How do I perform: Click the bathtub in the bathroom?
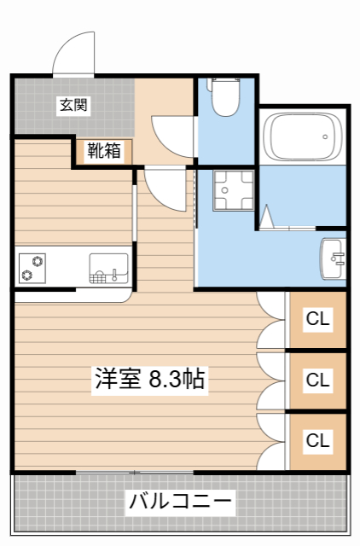(x=303, y=135)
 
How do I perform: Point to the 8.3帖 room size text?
(x=177, y=379)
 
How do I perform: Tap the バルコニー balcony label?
(x=180, y=501)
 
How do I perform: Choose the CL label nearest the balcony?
(x=318, y=441)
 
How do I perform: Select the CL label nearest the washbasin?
(x=318, y=320)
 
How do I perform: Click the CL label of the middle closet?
(x=318, y=380)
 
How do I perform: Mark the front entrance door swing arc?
(x=73, y=53)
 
